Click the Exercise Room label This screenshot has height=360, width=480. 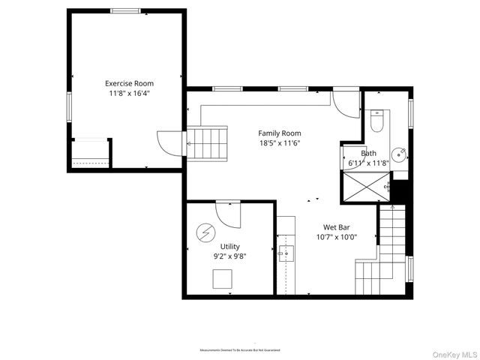(128, 83)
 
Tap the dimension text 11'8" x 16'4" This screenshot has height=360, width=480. (128, 94)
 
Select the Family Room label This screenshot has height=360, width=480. (279, 133)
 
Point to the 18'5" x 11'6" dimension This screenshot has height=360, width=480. (279, 143)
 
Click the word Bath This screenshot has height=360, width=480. (368, 153)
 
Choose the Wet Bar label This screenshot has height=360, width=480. (336, 227)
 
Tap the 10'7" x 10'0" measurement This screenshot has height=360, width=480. (336, 237)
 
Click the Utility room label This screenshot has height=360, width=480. (229, 246)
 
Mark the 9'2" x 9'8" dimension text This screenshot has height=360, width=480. (229, 256)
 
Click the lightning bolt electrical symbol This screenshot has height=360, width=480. (205, 233)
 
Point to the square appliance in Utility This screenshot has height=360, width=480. (222, 279)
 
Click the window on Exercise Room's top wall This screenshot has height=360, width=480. (125, 10)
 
